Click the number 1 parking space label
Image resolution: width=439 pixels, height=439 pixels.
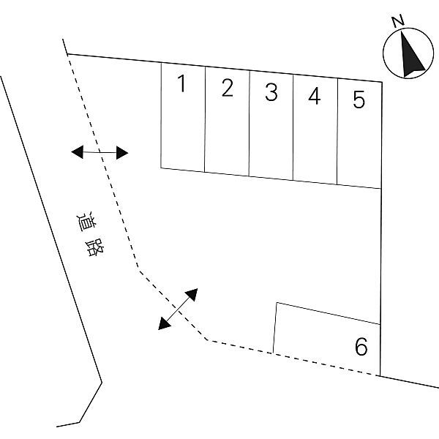pyautogui.click(x=182, y=83)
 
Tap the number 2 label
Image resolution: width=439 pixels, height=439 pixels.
pyautogui.click(x=227, y=88)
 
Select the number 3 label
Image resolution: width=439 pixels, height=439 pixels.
pyautogui.click(x=271, y=92)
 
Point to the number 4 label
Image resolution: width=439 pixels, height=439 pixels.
pyautogui.click(x=315, y=96)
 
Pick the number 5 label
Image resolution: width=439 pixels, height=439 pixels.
pyautogui.click(x=359, y=100)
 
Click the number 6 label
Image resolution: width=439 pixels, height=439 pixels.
pyautogui.click(x=361, y=346)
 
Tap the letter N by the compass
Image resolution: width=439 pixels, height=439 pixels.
pyautogui.click(x=398, y=21)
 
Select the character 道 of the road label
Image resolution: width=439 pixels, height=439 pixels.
pyautogui.click(x=86, y=222)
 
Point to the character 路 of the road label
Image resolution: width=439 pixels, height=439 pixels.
pyautogui.click(x=94, y=247)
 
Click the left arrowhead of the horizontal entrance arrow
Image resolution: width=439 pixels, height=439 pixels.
pyautogui.click(x=78, y=152)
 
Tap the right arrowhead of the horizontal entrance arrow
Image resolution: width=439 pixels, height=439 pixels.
pyautogui.click(x=122, y=153)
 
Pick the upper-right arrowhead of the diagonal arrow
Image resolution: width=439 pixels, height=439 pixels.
pyautogui.click(x=192, y=294)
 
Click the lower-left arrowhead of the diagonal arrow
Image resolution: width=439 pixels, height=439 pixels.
pyautogui.click(x=164, y=323)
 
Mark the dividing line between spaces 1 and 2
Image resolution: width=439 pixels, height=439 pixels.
pyautogui.click(x=205, y=119)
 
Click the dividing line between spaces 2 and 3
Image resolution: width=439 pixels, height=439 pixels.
pyautogui.click(x=249, y=124)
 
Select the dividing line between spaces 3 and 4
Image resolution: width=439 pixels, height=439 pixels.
pyautogui.click(x=293, y=127)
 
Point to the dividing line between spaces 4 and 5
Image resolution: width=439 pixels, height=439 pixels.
pyautogui.click(x=337, y=131)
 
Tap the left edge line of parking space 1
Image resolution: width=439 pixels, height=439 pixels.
pyautogui.click(x=161, y=116)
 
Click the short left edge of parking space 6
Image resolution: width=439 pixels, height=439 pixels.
pyautogui.click(x=274, y=328)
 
